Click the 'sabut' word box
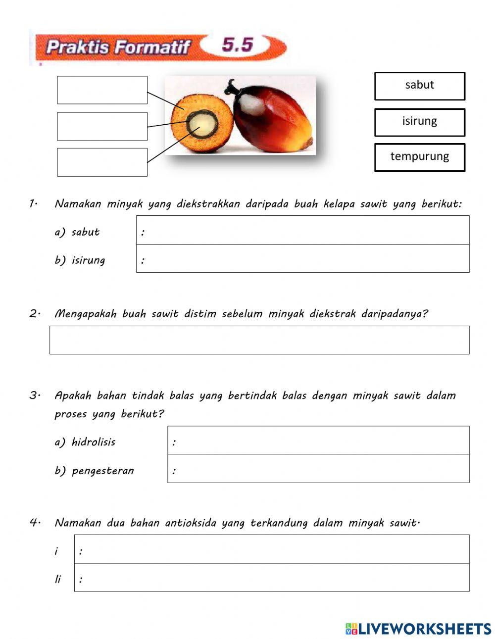[x=419, y=86]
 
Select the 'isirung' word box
[x=419, y=122]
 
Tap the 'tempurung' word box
[x=419, y=157]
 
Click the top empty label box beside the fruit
[x=102, y=90]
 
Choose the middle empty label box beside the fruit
[x=102, y=126]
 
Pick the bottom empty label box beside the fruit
[x=102, y=162]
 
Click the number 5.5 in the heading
[x=238, y=45]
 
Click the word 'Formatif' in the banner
[x=153, y=48]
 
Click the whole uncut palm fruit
[x=272, y=117]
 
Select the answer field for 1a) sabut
[x=302, y=230]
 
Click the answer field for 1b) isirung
[x=302, y=258]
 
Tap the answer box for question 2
[x=259, y=340]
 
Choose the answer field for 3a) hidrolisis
[x=318, y=441]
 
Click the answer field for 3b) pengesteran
[x=318, y=469]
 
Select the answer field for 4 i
[x=272, y=549]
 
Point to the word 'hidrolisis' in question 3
[x=94, y=442]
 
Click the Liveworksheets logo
[x=418, y=629]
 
